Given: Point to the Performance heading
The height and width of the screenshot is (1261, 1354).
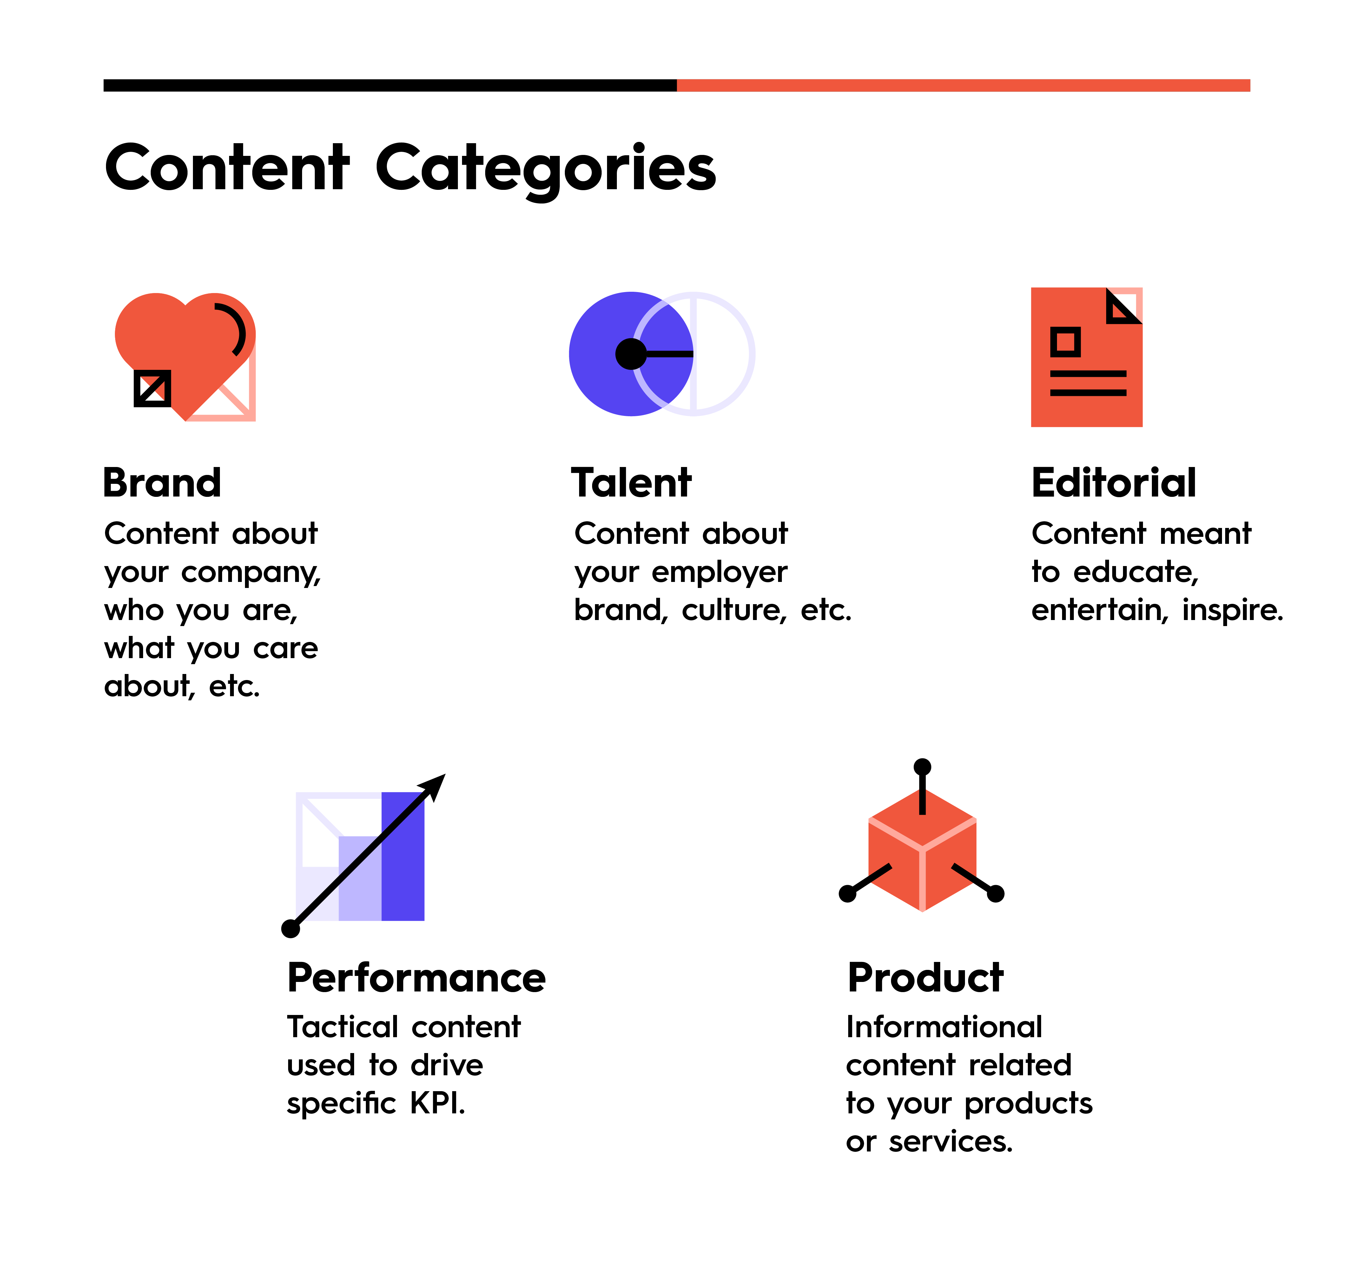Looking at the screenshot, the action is click(x=416, y=978).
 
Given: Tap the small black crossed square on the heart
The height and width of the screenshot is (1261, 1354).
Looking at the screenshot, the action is click(x=153, y=388).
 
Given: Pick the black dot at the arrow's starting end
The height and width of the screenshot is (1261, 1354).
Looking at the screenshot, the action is click(x=291, y=929).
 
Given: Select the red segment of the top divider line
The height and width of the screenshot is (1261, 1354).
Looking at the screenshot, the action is click(x=963, y=85).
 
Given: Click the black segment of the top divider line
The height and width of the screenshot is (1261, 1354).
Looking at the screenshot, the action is click(x=390, y=85).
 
